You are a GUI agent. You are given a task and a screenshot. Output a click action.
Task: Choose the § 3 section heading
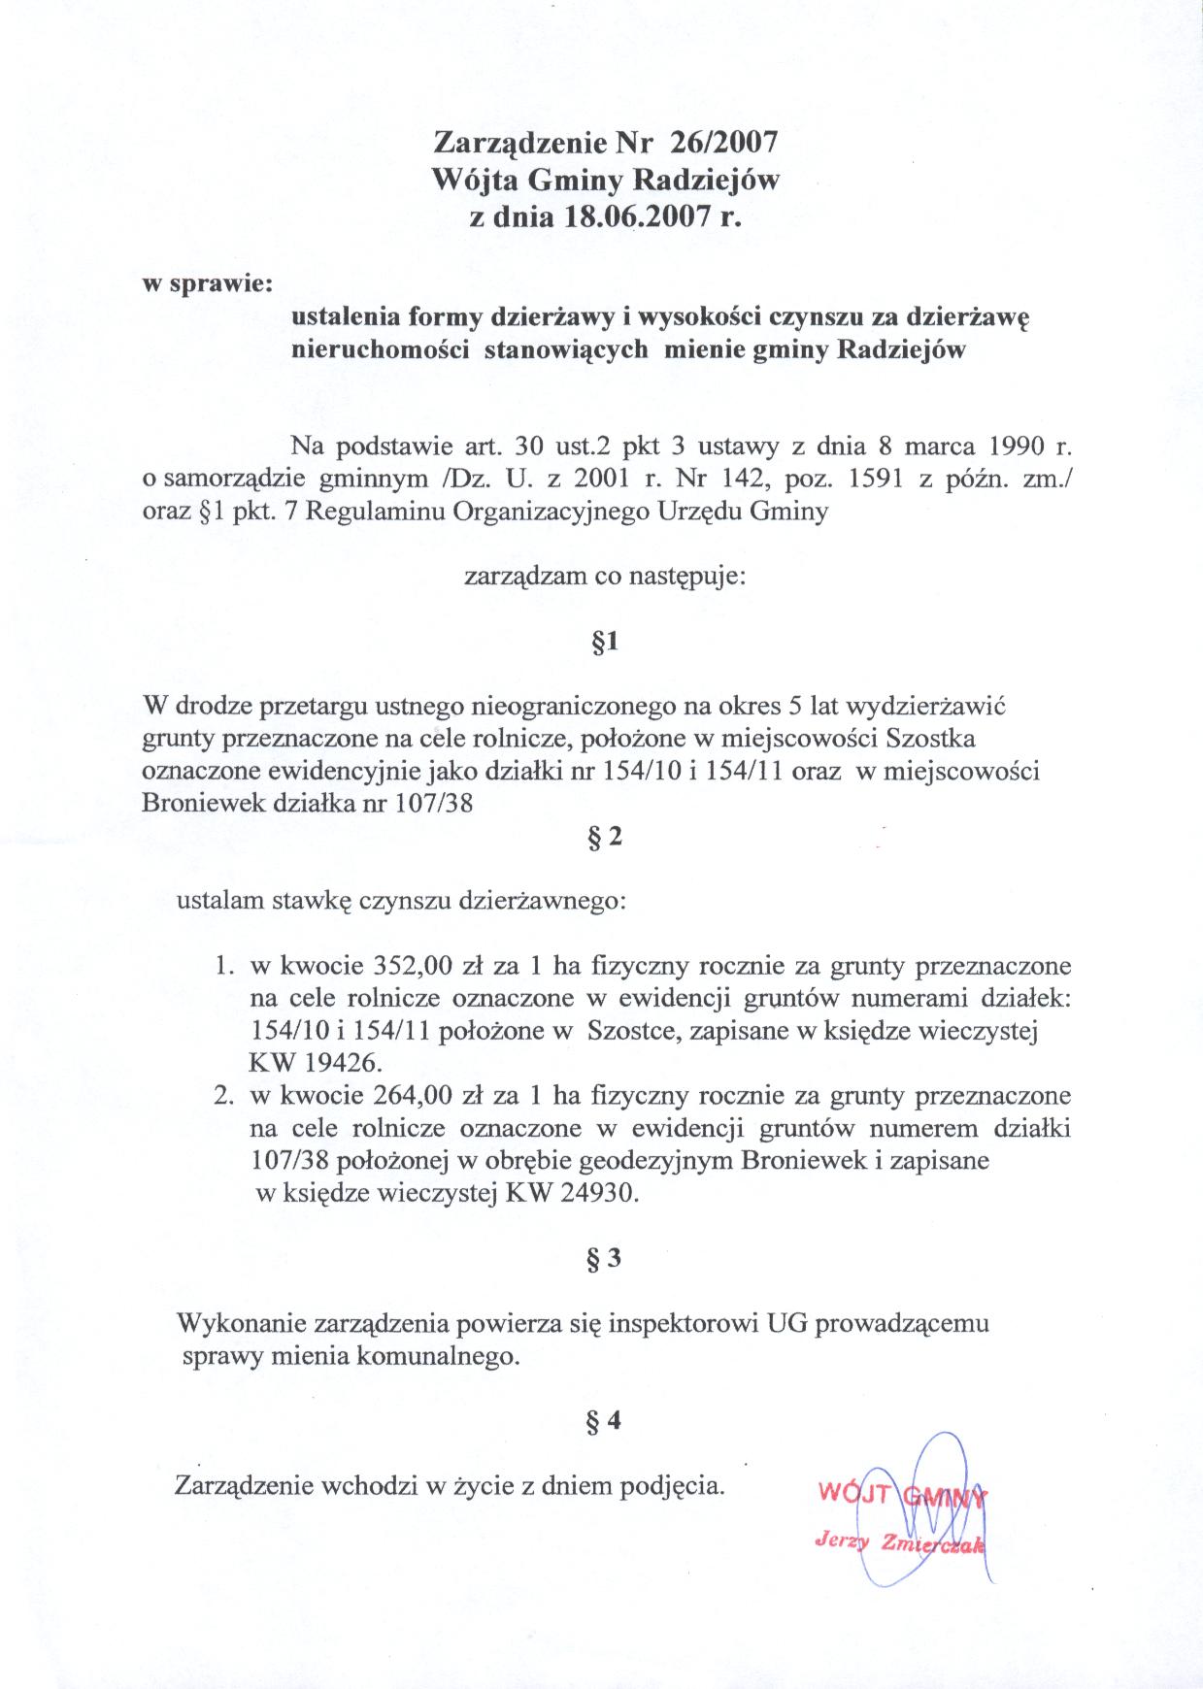click(603, 1259)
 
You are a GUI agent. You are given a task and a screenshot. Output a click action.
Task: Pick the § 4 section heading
click(603, 1421)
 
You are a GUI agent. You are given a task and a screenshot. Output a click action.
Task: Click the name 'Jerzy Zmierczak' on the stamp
click(899, 1543)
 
